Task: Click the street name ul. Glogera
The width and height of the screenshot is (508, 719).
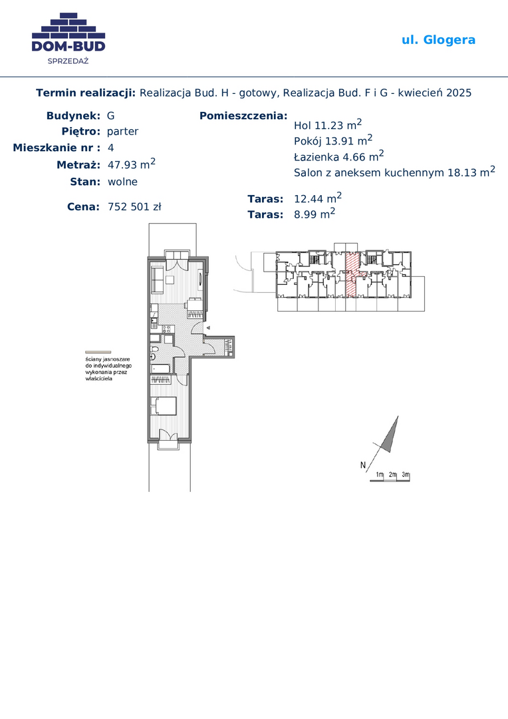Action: (x=438, y=41)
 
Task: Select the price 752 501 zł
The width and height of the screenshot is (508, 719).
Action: (x=134, y=207)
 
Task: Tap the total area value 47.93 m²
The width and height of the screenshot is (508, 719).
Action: (x=132, y=164)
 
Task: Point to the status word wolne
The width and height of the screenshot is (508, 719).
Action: (x=122, y=182)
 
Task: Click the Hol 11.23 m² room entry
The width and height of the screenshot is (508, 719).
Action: (x=328, y=124)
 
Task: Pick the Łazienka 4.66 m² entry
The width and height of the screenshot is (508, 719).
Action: (x=338, y=156)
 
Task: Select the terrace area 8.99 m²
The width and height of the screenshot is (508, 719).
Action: (x=315, y=214)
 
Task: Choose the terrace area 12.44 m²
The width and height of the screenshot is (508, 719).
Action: (x=317, y=198)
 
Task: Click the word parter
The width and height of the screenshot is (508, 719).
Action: (x=122, y=132)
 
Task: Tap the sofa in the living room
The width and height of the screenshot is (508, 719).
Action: (x=157, y=280)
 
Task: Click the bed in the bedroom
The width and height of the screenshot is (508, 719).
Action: (x=164, y=406)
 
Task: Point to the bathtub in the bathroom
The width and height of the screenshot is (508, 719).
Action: (x=160, y=368)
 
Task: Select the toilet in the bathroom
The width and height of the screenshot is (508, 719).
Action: (x=154, y=356)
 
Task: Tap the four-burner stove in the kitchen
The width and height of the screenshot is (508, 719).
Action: (x=166, y=328)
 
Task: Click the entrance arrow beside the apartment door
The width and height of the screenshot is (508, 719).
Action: (x=208, y=328)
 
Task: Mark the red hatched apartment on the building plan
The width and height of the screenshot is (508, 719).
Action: (x=351, y=274)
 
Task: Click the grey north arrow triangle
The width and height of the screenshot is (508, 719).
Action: (x=391, y=434)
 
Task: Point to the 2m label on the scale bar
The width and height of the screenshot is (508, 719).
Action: (x=392, y=475)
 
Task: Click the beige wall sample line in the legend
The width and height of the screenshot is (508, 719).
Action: (x=98, y=352)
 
